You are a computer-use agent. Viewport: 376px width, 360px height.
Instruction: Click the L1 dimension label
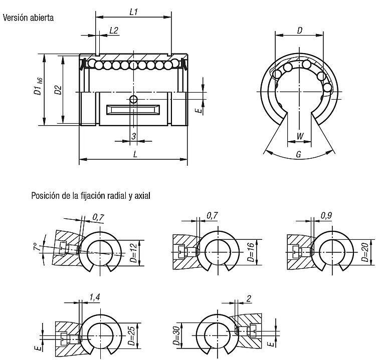pos(133,12)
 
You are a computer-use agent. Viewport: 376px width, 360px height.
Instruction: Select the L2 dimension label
pos(114,31)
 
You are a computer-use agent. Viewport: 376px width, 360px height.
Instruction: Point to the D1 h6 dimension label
pos(38,87)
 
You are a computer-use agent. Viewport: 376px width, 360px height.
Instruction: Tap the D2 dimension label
pos(58,90)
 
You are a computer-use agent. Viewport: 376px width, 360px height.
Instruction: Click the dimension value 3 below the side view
pos(133,136)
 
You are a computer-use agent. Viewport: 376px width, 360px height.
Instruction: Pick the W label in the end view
pos(300,136)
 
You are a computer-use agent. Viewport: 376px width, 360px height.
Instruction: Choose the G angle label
pos(299,154)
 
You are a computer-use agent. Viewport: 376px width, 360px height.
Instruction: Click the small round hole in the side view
pos(133,99)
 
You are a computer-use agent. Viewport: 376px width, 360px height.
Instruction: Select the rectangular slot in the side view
pos(133,110)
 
